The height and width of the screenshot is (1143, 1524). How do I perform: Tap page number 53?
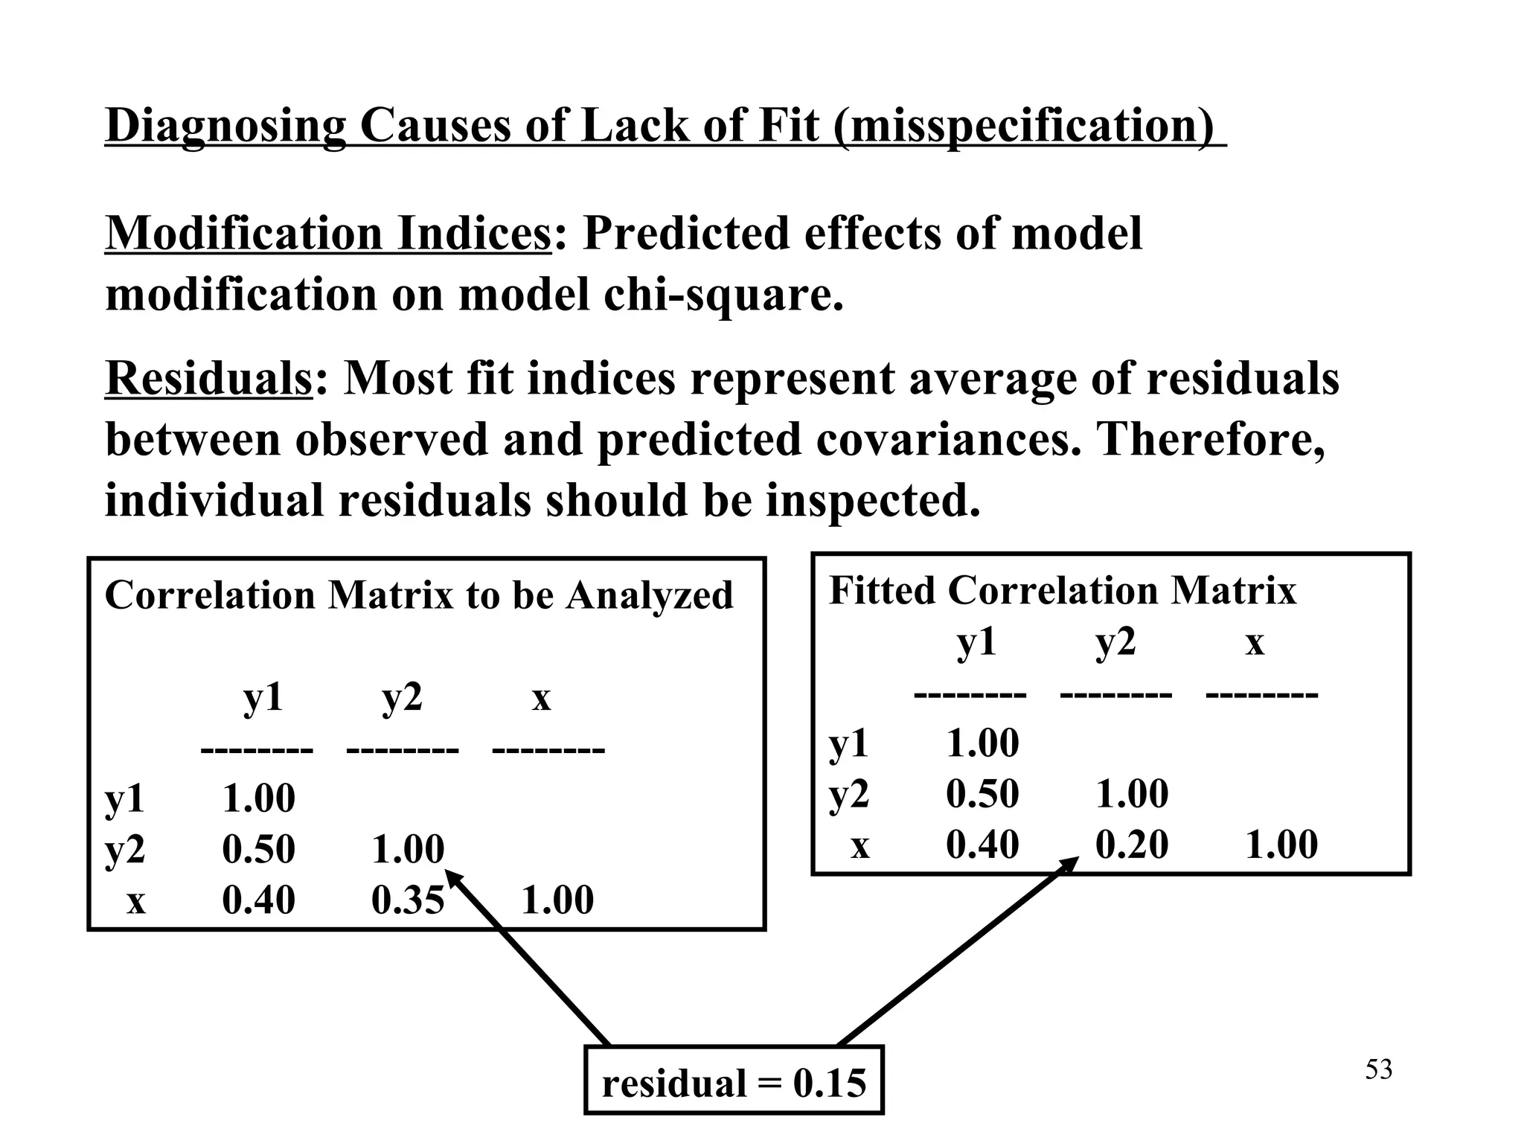pyautogui.click(x=1378, y=1070)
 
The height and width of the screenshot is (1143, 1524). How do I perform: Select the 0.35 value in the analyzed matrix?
pyautogui.click(x=408, y=900)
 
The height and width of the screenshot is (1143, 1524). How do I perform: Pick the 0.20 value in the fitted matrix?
pyautogui.click(x=1132, y=845)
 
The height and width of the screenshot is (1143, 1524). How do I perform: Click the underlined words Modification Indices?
pyautogui.click(x=327, y=234)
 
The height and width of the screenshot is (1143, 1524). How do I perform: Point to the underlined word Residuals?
pyautogui.click(x=208, y=378)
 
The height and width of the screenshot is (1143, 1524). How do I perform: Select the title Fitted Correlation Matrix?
pyautogui.click(x=1062, y=591)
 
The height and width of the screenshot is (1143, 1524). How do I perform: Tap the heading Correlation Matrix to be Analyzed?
pyautogui.click(x=419, y=595)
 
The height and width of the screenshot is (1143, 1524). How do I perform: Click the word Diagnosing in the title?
pyautogui.click(x=225, y=125)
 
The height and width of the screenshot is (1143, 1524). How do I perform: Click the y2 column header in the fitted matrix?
pyautogui.click(x=1115, y=641)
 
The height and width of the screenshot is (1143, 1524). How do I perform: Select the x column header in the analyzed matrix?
pyautogui.click(x=541, y=698)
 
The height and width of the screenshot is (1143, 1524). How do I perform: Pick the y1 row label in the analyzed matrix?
pyautogui.click(x=125, y=798)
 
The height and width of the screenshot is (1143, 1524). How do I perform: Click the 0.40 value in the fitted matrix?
pyautogui.click(x=982, y=845)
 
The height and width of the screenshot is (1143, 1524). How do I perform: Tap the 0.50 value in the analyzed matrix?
pyautogui.click(x=258, y=849)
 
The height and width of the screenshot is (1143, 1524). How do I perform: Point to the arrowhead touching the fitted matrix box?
pyautogui.click(x=1069, y=865)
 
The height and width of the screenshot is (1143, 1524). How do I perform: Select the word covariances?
pyautogui.click(x=946, y=439)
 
